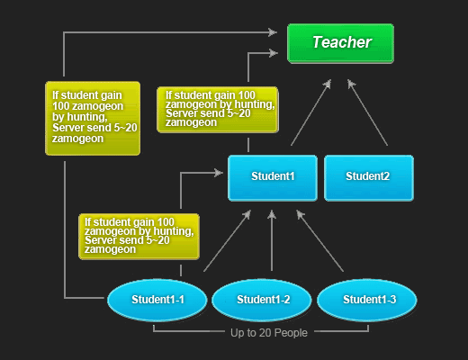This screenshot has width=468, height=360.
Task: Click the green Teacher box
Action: coord(340,43)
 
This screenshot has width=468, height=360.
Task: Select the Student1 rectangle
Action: coord(273,178)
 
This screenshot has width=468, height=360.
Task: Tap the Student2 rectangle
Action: coord(369,178)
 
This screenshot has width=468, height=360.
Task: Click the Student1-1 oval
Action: coord(157,300)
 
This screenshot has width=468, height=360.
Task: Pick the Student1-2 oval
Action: coord(262,300)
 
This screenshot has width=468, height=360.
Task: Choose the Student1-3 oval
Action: coord(367,300)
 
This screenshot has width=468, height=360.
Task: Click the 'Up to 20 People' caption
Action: coord(269,333)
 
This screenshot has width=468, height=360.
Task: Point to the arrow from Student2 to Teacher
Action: coord(367,112)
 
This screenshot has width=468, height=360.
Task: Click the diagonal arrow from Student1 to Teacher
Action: coord(311,112)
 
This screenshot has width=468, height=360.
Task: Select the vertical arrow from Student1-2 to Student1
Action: coord(272,240)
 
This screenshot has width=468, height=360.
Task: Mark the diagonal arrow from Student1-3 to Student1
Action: coord(319,240)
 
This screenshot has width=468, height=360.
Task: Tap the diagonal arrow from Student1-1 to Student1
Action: coord(228,240)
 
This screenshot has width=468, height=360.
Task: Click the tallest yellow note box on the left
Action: coord(93,118)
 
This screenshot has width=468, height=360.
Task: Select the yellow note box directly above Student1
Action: coord(218,110)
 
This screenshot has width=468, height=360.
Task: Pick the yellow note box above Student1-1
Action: coord(139,237)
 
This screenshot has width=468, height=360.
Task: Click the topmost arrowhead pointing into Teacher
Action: coord(273,32)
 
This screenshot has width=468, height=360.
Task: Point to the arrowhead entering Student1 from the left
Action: coord(219,173)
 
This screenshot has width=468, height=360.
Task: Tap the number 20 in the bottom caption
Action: coord(265,333)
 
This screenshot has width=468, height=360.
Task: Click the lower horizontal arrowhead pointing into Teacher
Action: coord(274,53)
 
